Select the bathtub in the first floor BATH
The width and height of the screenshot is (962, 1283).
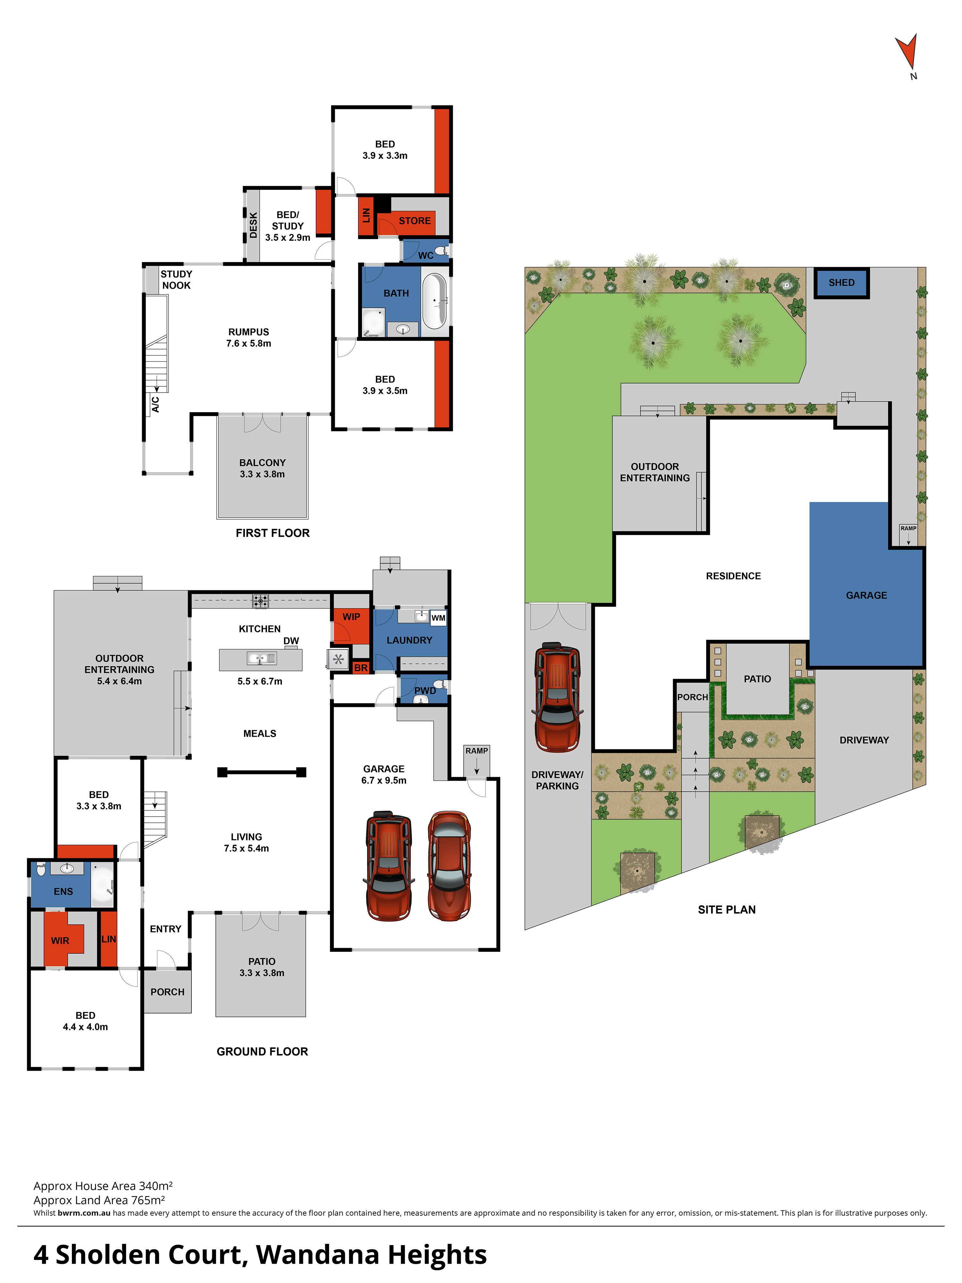point(434,301)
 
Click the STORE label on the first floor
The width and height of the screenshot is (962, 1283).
point(415,221)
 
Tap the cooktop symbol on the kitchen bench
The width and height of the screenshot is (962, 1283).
point(260,601)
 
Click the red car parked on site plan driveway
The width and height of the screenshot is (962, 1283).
point(557,698)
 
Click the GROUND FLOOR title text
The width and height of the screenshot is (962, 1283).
point(262,1051)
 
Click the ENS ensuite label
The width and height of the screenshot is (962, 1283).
point(63,891)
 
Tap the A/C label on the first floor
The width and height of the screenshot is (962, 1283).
point(156,404)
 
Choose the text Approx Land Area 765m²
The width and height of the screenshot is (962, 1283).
point(99,1200)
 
